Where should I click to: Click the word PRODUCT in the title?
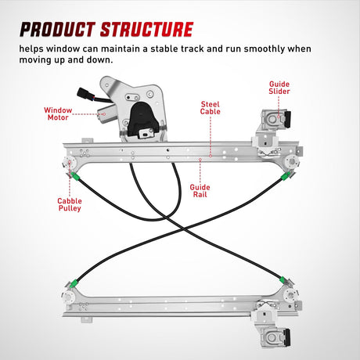56,29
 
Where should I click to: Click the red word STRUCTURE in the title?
146,29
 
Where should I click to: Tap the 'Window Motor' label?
58,113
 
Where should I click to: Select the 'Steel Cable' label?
211,108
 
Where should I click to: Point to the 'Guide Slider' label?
279,88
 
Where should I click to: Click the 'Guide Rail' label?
200,191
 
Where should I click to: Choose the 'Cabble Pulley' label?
70,204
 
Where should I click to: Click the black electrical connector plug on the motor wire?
83,93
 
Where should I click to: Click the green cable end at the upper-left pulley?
74,176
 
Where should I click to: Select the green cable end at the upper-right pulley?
285,176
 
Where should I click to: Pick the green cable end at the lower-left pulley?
74,283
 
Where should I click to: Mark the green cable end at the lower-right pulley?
283,280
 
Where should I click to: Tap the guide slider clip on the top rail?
276,119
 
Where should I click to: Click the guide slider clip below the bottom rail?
275,337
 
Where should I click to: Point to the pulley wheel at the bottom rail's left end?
68,297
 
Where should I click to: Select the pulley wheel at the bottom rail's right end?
290,294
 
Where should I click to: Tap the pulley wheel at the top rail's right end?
292,161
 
